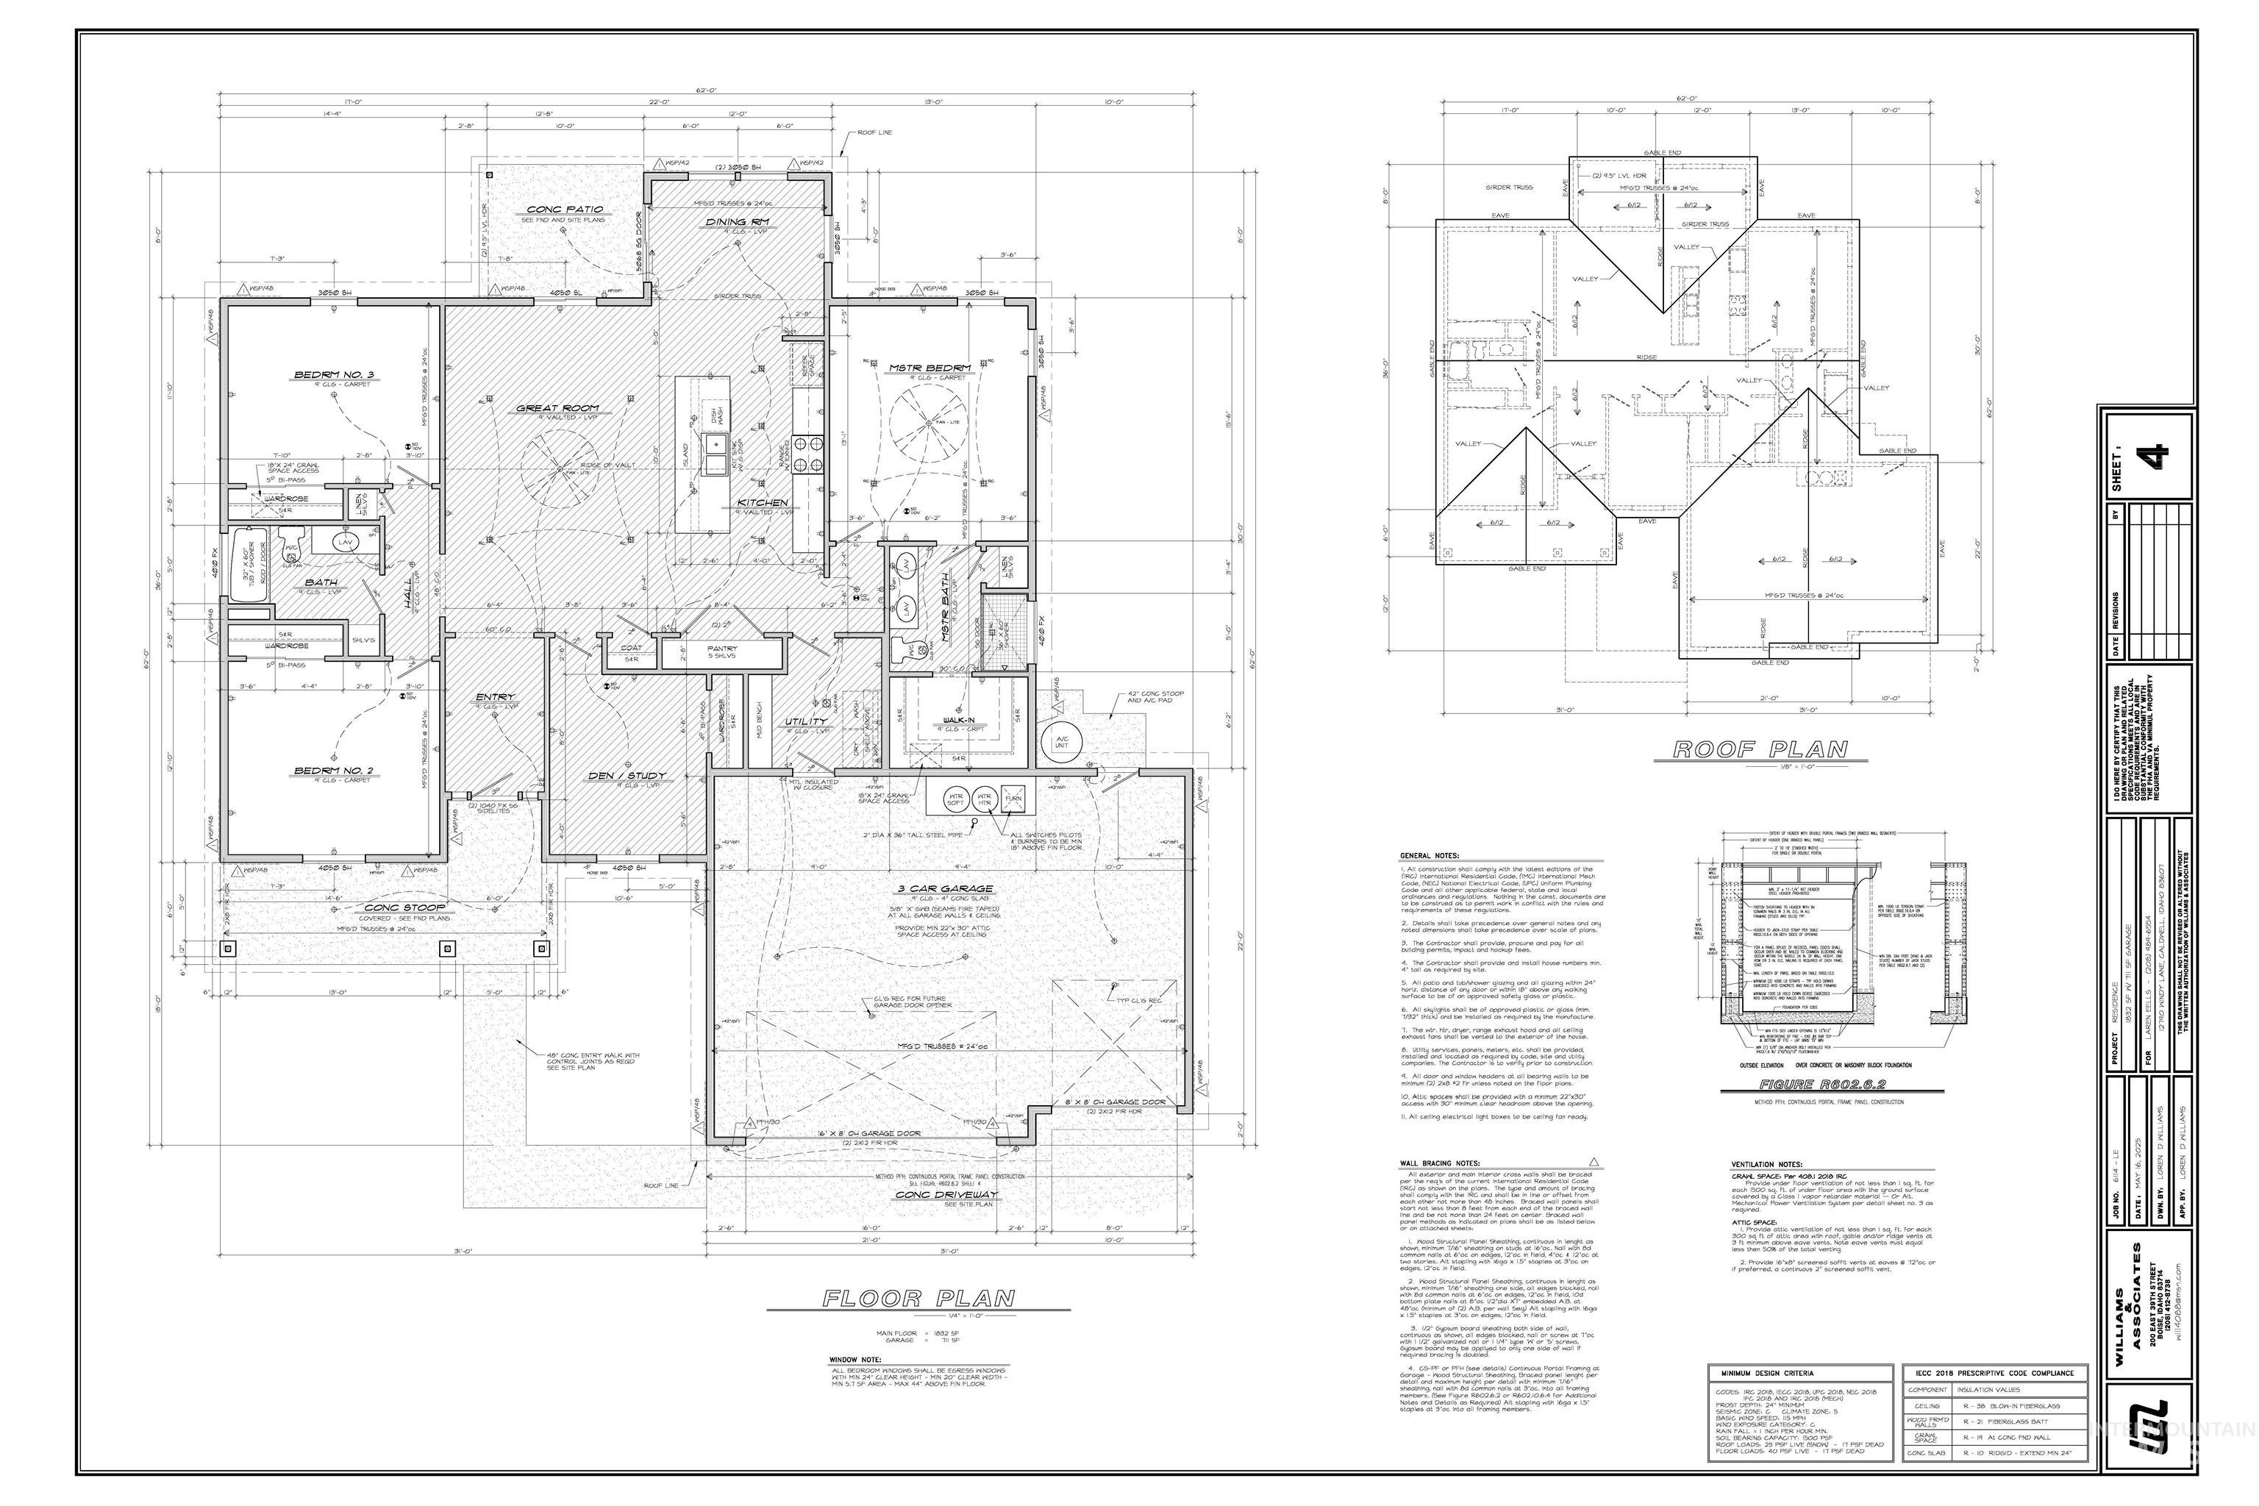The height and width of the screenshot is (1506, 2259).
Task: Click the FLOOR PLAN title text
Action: click(x=918, y=1299)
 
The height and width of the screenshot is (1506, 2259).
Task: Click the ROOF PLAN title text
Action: click(x=1760, y=749)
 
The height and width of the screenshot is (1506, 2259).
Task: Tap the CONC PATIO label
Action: click(x=565, y=210)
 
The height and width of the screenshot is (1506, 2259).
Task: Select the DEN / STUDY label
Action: click(x=627, y=775)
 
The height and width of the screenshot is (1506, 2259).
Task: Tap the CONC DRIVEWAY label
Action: click(x=946, y=1195)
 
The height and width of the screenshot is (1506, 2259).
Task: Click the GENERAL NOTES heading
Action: click(x=1430, y=854)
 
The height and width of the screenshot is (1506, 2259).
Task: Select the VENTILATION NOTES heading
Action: click(x=1766, y=1163)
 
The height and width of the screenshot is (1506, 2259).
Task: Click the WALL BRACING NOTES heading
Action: click(x=1439, y=1163)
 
